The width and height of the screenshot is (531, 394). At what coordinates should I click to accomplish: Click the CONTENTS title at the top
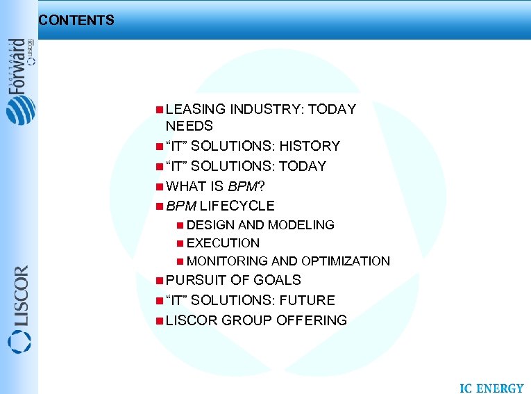click(76, 20)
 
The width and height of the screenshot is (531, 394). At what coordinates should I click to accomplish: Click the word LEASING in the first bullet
click(196, 109)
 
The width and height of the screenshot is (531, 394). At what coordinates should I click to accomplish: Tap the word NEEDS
click(189, 126)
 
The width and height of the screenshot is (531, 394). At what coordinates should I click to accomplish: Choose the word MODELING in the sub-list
click(301, 225)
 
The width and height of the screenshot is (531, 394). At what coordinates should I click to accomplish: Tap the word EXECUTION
click(223, 243)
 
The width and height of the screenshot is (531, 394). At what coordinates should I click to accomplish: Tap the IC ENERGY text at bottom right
click(491, 387)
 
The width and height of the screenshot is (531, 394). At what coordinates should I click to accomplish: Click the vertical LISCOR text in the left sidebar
click(20, 295)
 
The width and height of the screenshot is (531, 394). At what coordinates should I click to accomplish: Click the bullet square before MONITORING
click(180, 261)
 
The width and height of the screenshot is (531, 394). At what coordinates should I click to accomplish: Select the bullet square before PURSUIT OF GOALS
click(160, 280)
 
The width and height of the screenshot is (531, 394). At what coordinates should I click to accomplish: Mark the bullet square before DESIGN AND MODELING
click(180, 225)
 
